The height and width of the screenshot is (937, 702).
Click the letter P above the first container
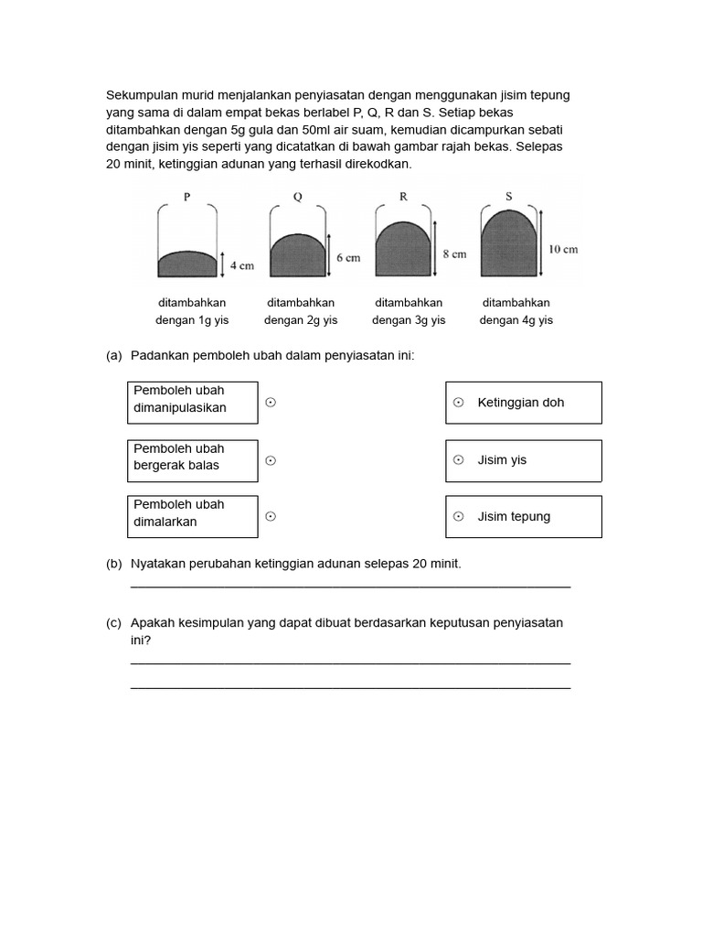(187, 196)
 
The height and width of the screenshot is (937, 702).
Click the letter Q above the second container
(297, 196)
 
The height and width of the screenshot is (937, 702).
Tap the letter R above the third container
(403, 196)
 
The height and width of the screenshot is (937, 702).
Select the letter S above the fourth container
(509, 196)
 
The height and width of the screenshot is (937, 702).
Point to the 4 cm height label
(241, 265)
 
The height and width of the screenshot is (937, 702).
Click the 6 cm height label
(348, 258)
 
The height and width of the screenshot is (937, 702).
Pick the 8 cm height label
(454, 253)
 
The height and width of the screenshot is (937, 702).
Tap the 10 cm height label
(562, 249)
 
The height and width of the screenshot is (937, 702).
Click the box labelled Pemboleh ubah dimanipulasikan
(192, 403)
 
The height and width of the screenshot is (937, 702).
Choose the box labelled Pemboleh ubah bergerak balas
(192, 460)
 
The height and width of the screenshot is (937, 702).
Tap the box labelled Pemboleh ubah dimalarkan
(192, 517)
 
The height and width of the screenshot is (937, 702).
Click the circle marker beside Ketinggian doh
(459, 403)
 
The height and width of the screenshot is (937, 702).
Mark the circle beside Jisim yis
(459, 460)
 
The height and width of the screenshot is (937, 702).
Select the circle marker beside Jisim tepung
(459, 517)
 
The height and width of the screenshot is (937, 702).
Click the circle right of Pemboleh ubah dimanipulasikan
(271, 403)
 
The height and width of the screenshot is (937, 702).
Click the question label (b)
(113, 565)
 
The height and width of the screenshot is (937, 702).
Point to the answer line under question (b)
(351, 587)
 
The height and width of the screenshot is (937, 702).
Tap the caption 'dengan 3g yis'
(409, 320)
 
